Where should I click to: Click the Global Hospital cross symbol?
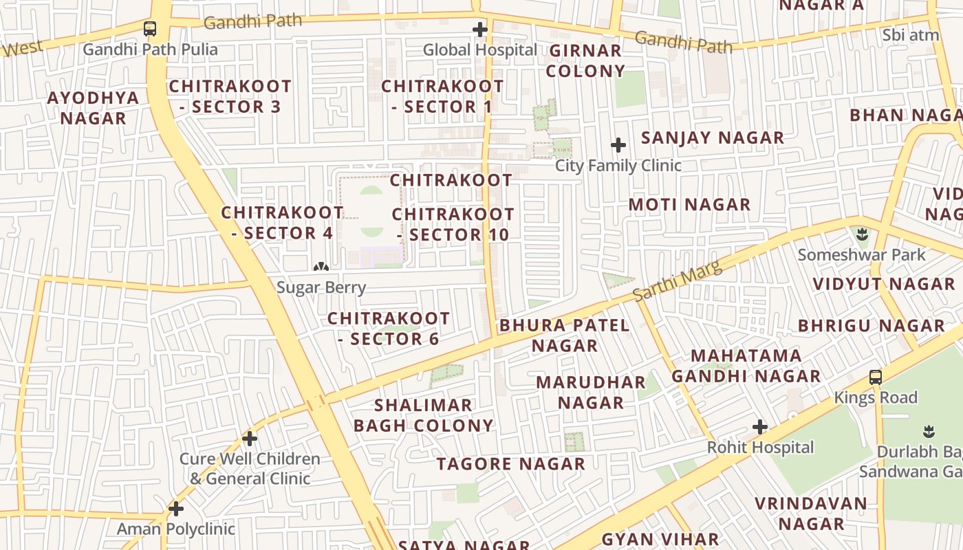(480, 30)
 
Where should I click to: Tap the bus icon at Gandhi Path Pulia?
(150, 29)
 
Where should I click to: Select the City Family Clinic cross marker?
(618, 145)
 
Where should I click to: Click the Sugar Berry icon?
(321, 267)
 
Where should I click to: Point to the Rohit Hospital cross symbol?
(760, 427)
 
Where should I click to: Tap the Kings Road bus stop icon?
(876, 377)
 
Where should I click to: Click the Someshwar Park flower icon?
(862, 234)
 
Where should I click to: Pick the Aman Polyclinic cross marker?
(176, 509)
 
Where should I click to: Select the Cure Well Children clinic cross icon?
(250, 438)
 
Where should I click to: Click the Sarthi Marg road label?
(678, 280)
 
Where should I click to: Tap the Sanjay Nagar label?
(713, 137)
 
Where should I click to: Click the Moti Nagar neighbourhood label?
(689, 204)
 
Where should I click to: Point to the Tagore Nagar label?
(511, 464)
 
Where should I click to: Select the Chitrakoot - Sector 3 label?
(230, 96)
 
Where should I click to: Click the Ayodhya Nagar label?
(93, 107)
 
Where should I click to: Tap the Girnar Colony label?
(586, 60)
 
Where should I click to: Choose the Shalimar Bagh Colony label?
(424, 415)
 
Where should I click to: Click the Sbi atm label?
(911, 35)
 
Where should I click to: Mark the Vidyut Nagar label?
(884, 284)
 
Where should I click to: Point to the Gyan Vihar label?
(660, 540)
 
